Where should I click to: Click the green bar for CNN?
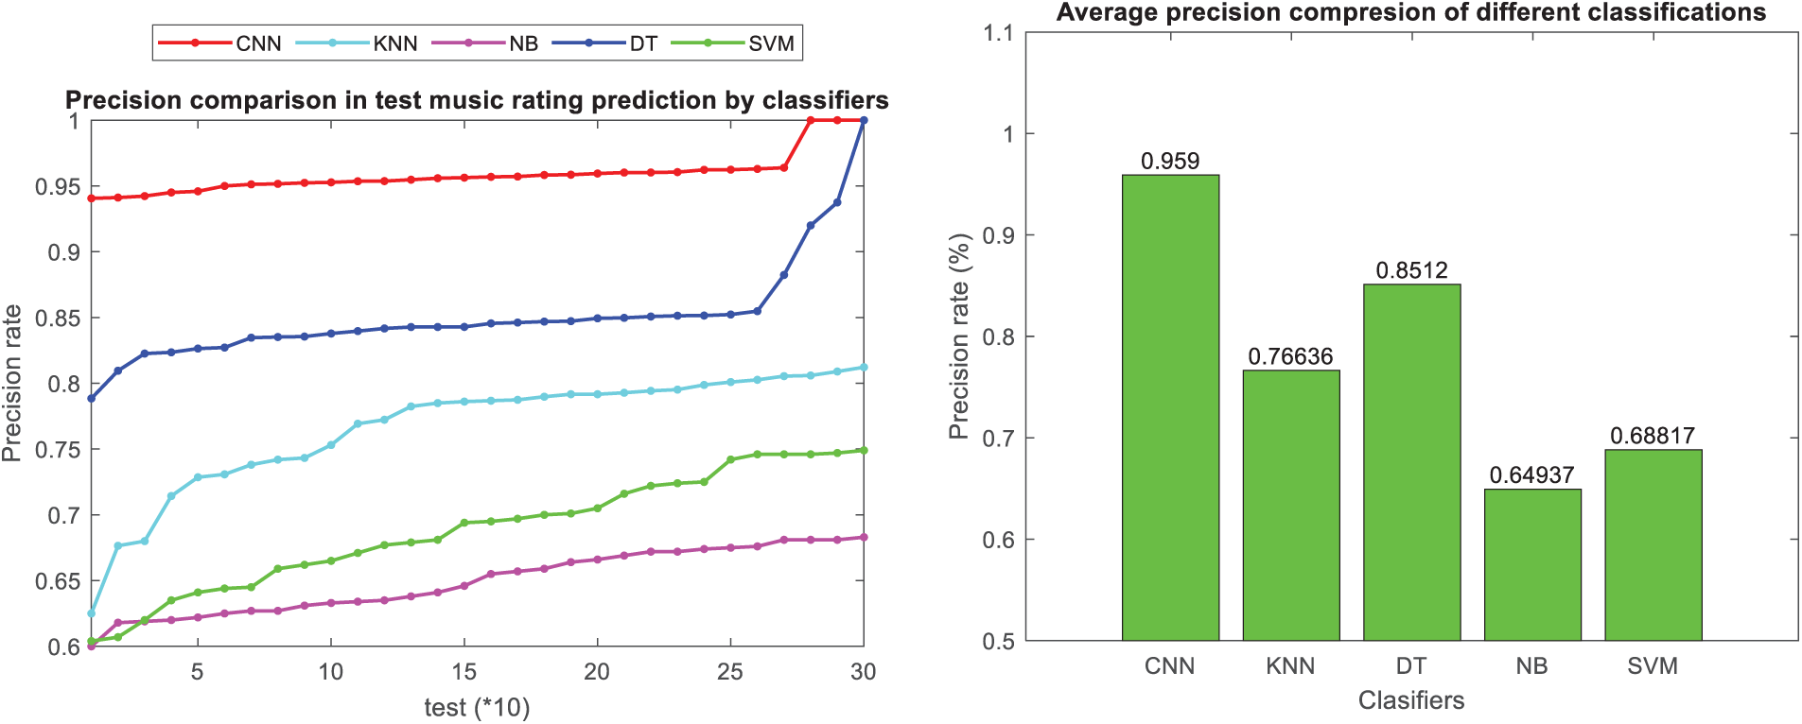click(1170, 406)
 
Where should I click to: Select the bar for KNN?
click(1290, 505)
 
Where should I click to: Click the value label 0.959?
click(1170, 162)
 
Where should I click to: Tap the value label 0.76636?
click(1290, 357)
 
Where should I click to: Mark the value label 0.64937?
click(1531, 475)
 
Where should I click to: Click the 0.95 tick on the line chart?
click(58, 187)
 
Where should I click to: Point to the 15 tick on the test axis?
click(464, 672)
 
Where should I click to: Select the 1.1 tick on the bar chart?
click(998, 34)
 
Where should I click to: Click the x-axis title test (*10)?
click(477, 708)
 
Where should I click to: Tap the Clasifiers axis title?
click(1411, 700)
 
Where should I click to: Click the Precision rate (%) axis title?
click(959, 336)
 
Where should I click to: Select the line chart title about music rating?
click(477, 100)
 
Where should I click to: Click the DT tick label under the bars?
click(1411, 666)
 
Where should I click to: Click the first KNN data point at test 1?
click(91, 613)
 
